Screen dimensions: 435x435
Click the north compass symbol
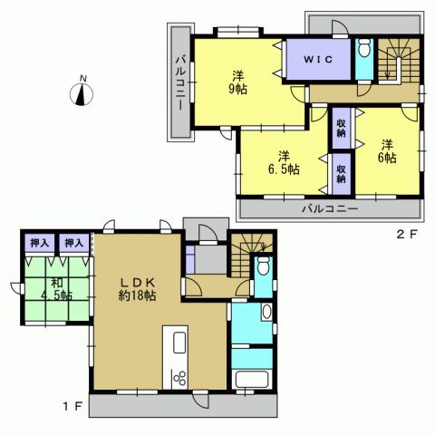coord(83,93)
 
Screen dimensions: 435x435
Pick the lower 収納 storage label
coord(341,172)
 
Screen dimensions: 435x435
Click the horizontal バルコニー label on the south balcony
coord(330,208)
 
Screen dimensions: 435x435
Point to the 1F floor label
coord(72,404)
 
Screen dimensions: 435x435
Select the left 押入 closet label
coord(38,243)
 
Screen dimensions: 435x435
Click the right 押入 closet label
coord(72,243)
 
